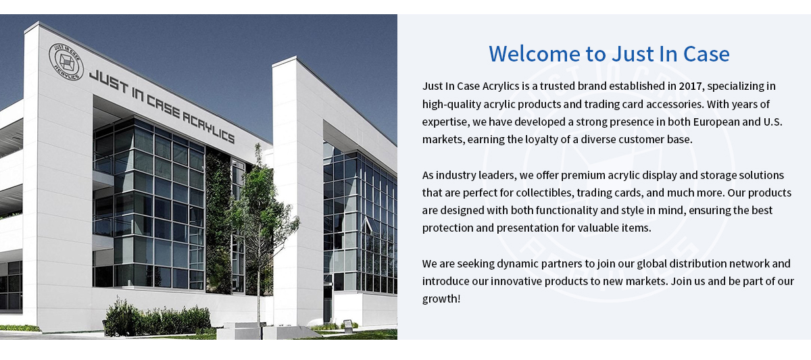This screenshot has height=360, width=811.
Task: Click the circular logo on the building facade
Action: (x=66, y=61)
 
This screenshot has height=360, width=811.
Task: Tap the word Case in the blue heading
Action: (x=706, y=54)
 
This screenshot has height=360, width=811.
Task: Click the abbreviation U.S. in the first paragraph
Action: (x=773, y=122)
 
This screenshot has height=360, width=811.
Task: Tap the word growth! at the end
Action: (x=441, y=299)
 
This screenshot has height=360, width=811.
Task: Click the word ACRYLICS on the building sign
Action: (x=208, y=128)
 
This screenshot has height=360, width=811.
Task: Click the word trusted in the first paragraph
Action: (x=557, y=86)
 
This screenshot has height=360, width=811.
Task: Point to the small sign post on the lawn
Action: (x=347, y=326)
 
